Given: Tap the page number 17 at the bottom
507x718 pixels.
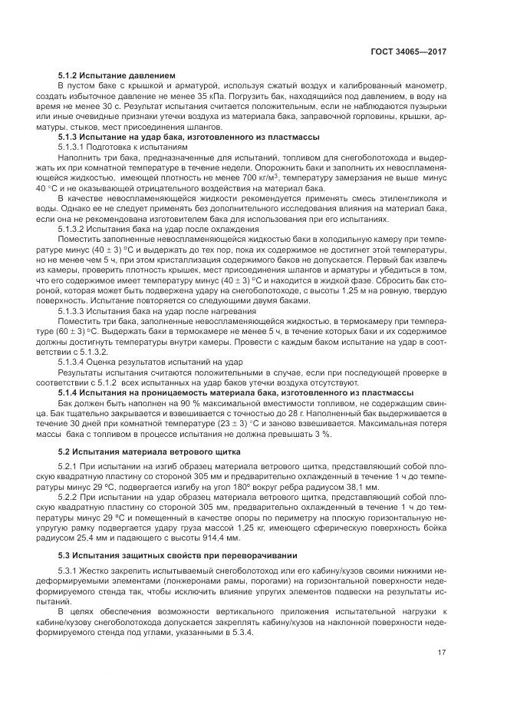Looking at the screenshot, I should click(x=442, y=653).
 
